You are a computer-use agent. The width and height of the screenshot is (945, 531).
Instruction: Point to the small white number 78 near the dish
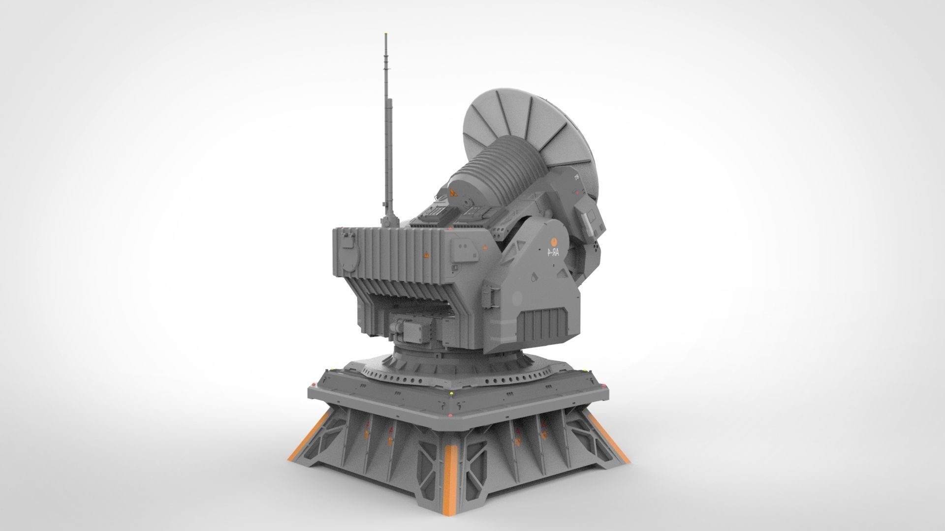[576, 178]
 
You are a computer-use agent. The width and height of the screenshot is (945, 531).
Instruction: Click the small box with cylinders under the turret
[409, 328]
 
